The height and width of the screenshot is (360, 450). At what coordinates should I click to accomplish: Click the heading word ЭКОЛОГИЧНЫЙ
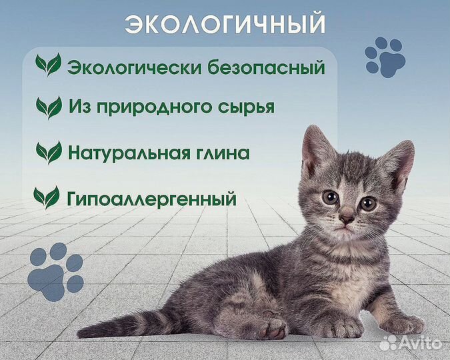tap(225, 24)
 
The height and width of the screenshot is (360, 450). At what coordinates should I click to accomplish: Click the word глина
tap(222, 153)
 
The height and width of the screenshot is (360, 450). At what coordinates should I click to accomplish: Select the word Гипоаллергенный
tap(152, 198)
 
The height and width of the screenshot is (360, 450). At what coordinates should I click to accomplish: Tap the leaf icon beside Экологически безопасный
tap(48, 65)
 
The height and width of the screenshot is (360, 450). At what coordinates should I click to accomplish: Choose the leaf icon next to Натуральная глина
tap(49, 153)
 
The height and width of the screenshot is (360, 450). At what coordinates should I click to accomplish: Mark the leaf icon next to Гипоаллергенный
tap(47, 197)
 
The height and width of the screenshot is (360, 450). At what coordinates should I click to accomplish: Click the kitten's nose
tap(347, 218)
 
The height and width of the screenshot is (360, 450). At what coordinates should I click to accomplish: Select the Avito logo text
tap(424, 344)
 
